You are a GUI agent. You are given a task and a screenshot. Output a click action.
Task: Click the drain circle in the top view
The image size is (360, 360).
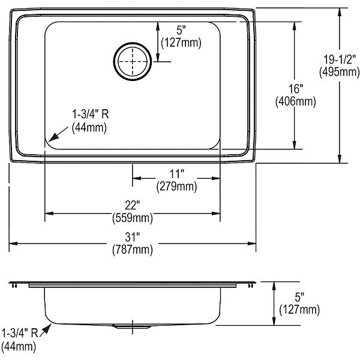[x=133, y=43]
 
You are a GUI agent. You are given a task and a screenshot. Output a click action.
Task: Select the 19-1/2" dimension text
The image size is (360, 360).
[x=340, y=60]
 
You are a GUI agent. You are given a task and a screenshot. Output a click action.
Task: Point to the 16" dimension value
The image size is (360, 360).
[x=296, y=89]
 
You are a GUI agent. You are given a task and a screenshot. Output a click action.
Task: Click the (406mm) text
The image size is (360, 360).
[x=296, y=101]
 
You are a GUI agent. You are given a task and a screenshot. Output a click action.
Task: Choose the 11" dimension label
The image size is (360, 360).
[x=177, y=174]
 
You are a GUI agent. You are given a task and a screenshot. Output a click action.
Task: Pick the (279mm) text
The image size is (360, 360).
[x=177, y=186]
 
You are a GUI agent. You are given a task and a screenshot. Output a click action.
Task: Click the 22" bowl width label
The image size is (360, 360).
[x=132, y=205]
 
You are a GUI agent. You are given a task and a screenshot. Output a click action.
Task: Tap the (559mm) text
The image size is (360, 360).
[x=133, y=218]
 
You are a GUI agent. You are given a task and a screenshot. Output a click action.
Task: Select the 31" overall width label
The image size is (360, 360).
[x=133, y=237]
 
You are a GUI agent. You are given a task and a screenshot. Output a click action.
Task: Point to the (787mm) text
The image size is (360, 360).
[x=133, y=250]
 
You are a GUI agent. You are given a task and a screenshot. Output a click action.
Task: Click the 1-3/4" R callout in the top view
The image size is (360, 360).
[x=91, y=114]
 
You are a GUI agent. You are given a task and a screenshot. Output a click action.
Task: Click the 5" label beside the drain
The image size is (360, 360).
[x=181, y=30]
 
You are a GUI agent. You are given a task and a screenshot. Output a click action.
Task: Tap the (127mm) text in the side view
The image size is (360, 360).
[x=299, y=310]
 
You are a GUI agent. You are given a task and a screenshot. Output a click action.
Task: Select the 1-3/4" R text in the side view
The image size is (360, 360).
[x=20, y=333]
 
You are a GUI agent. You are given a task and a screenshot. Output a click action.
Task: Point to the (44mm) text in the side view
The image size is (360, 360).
[x=19, y=346]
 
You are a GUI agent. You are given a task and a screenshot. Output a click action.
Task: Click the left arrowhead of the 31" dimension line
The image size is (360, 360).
[x=13, y=244]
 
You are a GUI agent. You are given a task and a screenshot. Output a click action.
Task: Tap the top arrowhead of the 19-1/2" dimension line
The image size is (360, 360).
[x=340, y=12]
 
